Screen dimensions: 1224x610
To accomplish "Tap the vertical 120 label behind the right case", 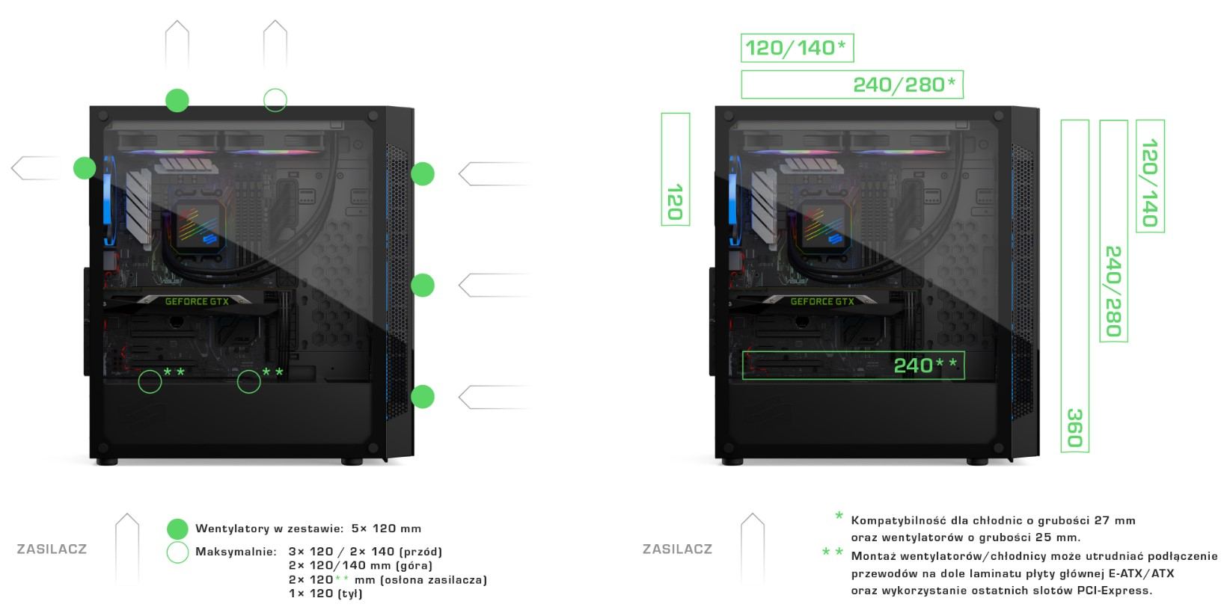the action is point(676,202).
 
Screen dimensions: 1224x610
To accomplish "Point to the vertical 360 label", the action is point(1075,428).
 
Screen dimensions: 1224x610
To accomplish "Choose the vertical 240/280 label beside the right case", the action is point(1113,291).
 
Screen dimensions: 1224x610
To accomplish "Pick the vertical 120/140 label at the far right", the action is point(1150,183).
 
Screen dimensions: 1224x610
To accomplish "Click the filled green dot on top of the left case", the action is point(177,100).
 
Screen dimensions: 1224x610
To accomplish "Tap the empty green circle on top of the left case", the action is point(275,89).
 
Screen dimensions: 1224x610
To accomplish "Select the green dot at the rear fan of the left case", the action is point(85,167).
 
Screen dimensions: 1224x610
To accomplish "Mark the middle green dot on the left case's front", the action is point(423,285).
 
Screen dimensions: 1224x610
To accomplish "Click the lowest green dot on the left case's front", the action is point(423,396).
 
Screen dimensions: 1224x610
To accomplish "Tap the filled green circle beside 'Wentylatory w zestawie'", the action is point(177,529).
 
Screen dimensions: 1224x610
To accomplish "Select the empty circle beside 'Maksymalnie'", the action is point(177,541).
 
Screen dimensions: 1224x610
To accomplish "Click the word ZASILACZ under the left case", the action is point(52,549).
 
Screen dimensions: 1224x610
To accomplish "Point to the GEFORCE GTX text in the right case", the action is point(821,301).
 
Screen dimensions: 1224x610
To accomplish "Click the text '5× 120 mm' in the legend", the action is point(386,529).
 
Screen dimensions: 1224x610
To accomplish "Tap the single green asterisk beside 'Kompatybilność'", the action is point(839,516).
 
